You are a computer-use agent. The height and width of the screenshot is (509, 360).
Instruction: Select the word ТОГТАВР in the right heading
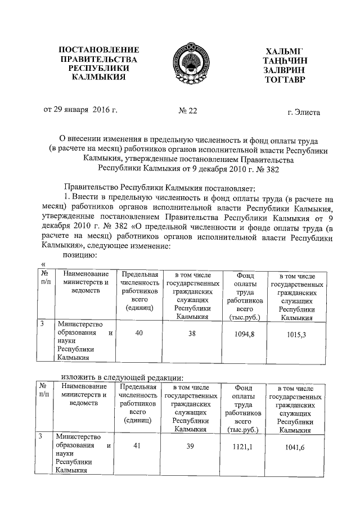click(x=283, y=80)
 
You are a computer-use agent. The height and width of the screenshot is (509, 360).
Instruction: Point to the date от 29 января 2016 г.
click(x=80, y=110)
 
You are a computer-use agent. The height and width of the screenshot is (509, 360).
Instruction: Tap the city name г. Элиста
click(x=303, y=112)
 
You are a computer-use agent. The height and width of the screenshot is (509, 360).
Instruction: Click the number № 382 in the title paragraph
click(x=267, y=168)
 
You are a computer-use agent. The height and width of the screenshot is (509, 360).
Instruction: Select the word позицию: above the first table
click(x=80, y=255)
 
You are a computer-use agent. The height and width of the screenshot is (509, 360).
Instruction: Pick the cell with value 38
click(x=193, y=334)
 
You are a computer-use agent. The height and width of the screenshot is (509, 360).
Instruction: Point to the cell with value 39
click(x=193, y=445)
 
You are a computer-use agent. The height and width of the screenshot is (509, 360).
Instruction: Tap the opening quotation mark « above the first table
click(x=44, y=264)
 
